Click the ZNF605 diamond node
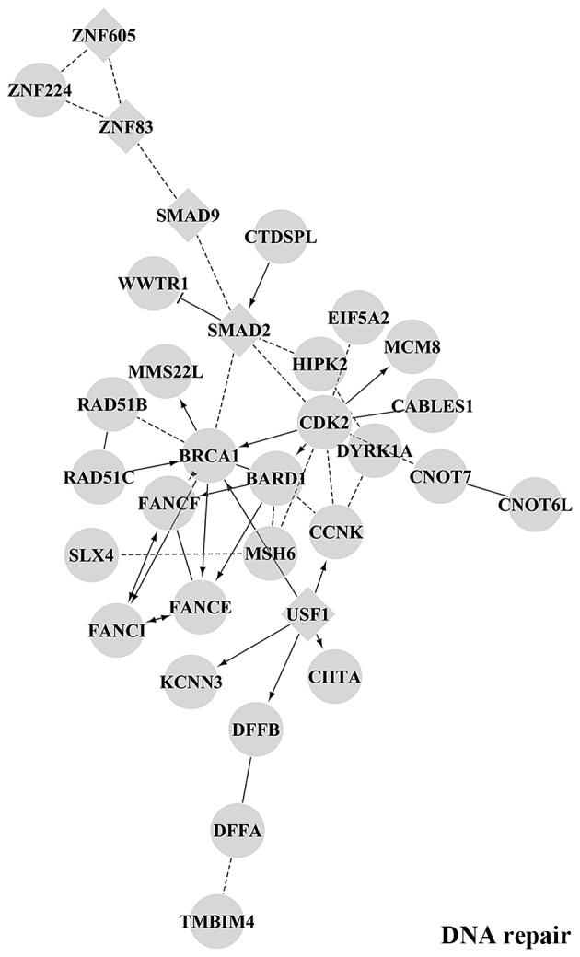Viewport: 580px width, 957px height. (103, 36)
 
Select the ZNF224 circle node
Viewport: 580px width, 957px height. (40, 89)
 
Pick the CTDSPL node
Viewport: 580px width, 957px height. (281, 237)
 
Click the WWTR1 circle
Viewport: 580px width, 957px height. (153, 283)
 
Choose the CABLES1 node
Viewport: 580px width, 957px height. (432, 405)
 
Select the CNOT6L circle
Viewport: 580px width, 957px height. (535, 505)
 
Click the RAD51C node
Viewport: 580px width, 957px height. (99, 476)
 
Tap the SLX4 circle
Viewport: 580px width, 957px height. (92, 555)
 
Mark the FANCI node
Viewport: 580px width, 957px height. (117, 631)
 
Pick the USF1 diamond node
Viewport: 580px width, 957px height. (307, 613)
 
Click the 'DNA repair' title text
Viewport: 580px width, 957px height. (505, 935)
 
